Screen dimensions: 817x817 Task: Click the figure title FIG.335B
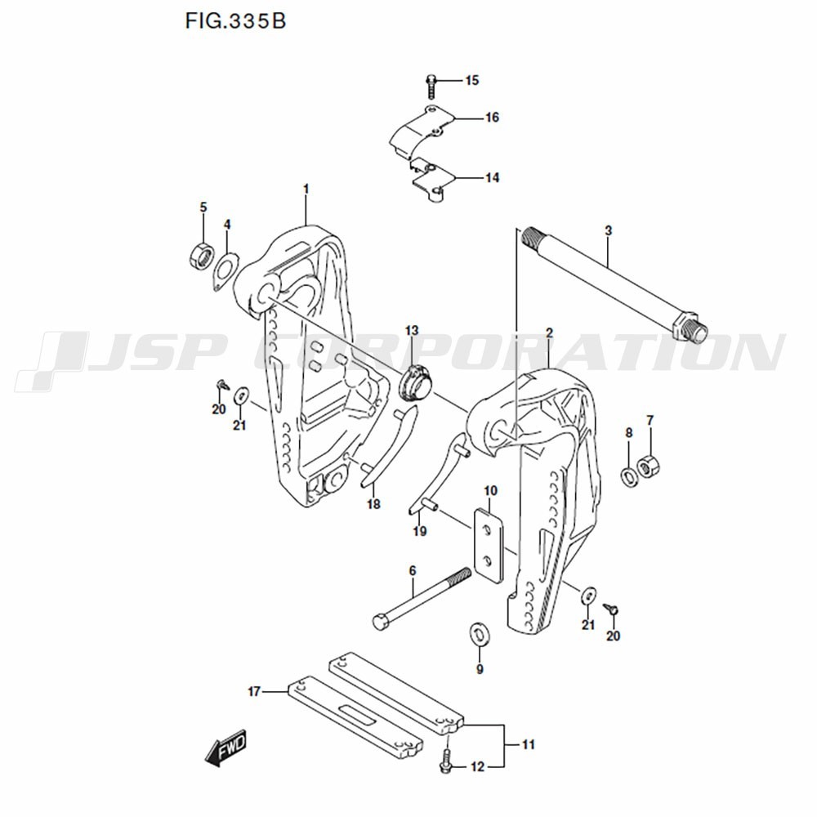pyautogui.click(x=235, y=21)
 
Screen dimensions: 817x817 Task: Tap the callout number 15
pyautogui.click(x=472, y=80)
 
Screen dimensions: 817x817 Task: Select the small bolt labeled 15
pyautogui.click(x=431, y=81)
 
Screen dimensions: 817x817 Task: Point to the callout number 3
pyautogui.click(x=608, y=231)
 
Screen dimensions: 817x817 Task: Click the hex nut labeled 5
pyautogui.click(x=199, y=255)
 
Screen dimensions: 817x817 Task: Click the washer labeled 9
pyautogui.click(x=478, y=633)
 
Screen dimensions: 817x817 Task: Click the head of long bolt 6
pyautogui.click(x=382, y=622)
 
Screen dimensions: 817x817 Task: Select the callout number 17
pyautogui.click(x=254, y=692)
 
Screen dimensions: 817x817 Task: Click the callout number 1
pyautogui.click(x=306, y=190)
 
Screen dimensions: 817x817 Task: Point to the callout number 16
pyautogui.click(x=492, y=118)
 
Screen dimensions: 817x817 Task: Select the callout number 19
pyautogui.click(x=419, y=532)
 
